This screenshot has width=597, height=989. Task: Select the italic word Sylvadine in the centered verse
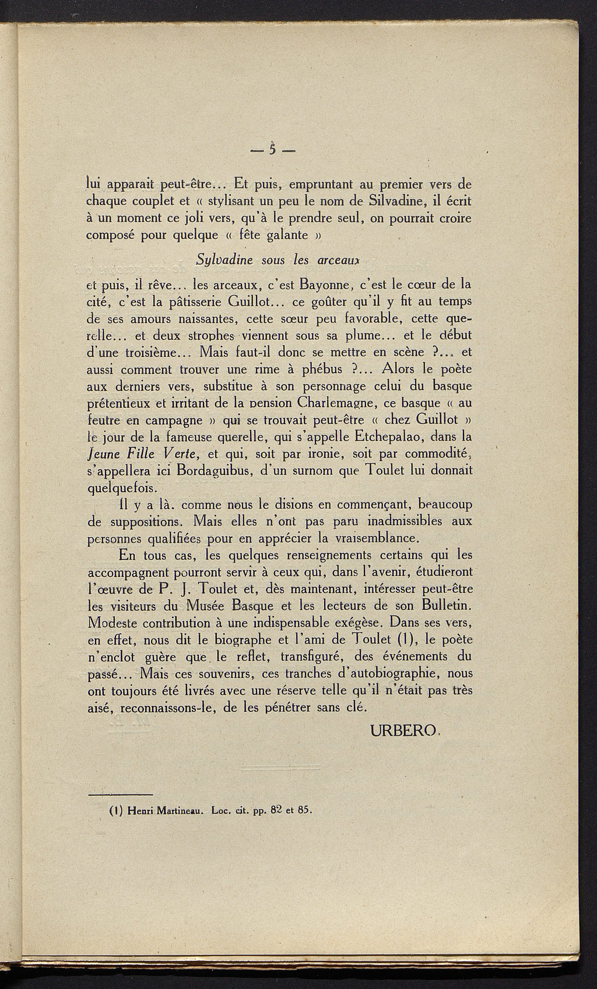223,260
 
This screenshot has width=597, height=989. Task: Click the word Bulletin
441,603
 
